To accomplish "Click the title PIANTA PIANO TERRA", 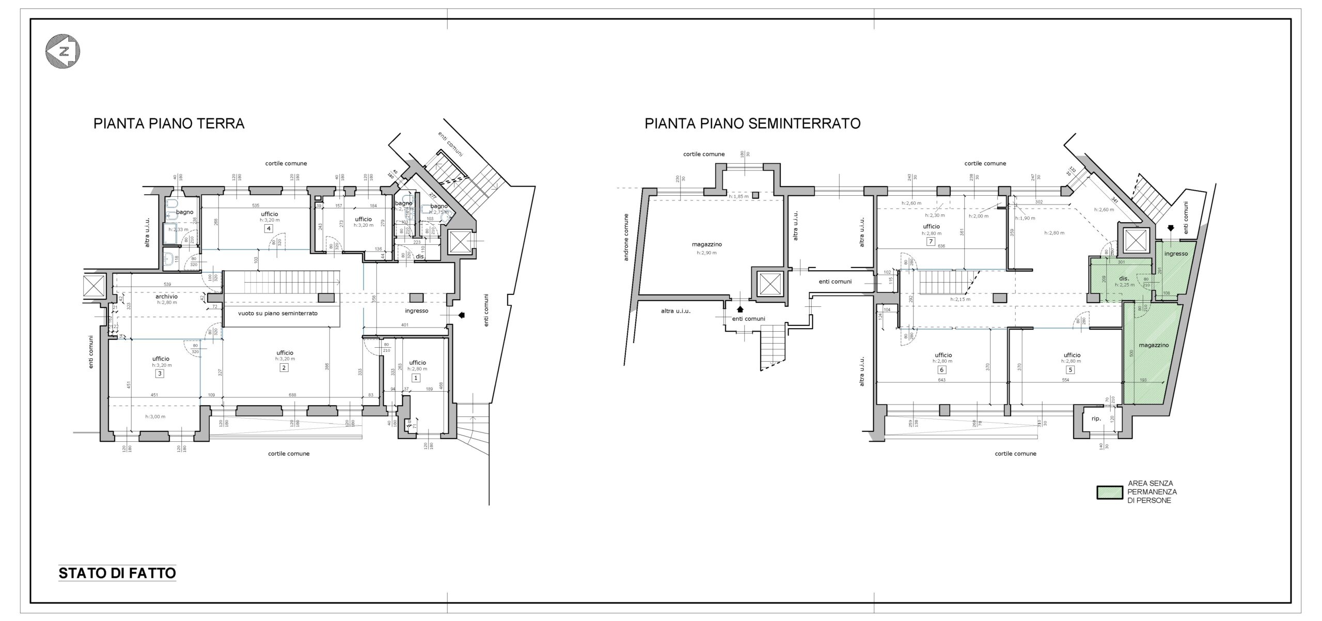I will pos(168,124).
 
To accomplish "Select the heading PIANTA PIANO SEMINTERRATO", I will pos(752,124).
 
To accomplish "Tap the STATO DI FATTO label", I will pos(117,573).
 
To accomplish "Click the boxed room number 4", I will pos(269,228).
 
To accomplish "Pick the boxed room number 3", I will pos(160,374).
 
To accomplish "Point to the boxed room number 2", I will pos(284,368).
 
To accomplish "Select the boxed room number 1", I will pos(417,378).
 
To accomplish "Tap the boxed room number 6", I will pos(942,370).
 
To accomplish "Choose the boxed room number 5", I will pos(1071,370).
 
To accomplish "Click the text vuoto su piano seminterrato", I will pos(277,314).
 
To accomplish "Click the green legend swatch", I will pos(1109,493).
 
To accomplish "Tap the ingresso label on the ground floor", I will pos(416,311).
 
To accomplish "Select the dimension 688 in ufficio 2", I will pos(292,395).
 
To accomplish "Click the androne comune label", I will pos(626,237).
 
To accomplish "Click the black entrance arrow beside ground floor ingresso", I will pos(461,315).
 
